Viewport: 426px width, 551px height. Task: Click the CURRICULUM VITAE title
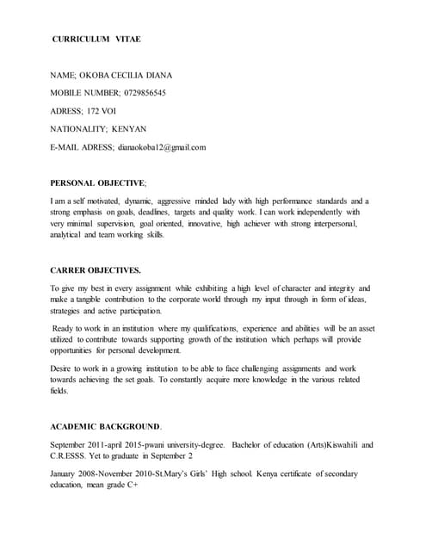tap(96, 40)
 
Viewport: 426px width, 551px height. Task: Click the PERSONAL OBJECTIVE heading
tap(97, 183)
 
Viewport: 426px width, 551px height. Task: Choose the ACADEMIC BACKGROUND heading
tap(105, 426)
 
